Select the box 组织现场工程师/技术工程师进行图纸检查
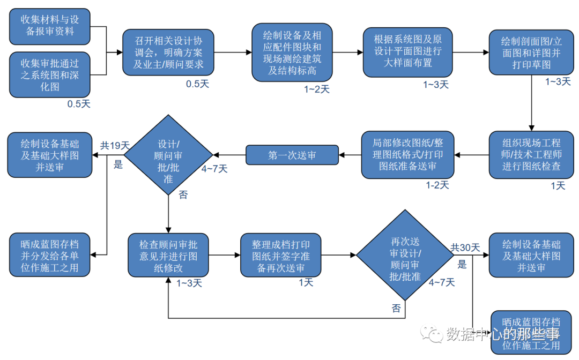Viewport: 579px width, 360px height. [x=532, y=155]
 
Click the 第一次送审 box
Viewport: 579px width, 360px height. [x=292, y=155]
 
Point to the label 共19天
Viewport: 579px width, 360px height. [x=115, y=145]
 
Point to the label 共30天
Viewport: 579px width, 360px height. [x=465, y=247]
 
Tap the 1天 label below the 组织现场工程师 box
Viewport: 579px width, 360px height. [x=558, y=186]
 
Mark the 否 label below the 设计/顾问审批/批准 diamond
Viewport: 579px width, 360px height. [x=183, y=196]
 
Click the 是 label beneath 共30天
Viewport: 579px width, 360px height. [x=462, y=264]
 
